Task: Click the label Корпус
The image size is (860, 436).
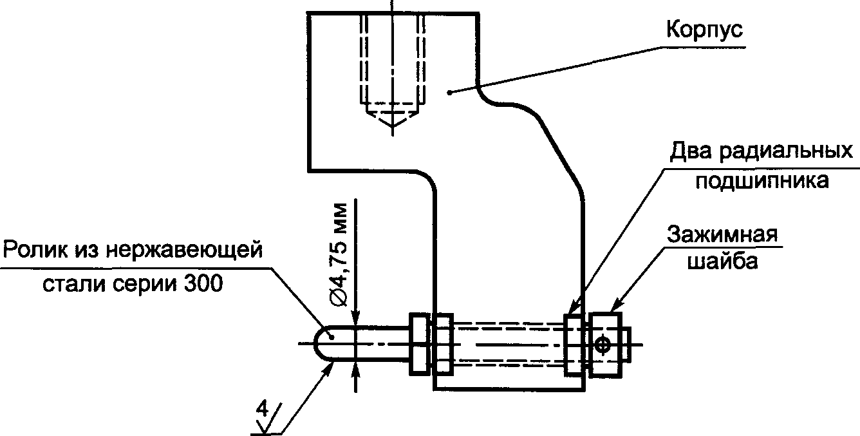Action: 704,30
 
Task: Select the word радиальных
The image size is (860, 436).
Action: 786,151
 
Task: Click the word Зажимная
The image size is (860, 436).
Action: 722,234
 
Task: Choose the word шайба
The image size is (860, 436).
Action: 722,261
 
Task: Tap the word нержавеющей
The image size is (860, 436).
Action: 183,251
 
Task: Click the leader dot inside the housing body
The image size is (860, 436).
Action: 449,92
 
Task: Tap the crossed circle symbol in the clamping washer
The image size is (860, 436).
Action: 603,344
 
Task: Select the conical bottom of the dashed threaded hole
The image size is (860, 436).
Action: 392,120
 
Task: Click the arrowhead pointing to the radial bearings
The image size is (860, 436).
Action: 573,307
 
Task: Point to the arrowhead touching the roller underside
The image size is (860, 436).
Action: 328,369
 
